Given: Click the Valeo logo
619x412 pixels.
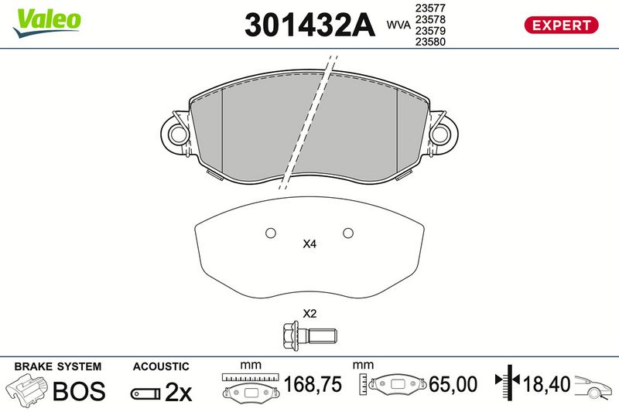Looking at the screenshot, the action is pyautogui.click(x=47, y=23).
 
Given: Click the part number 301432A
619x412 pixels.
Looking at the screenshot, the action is pyautogui.click(x=309, y=26).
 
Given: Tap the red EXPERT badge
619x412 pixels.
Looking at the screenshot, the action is pyautogui.click(x=561, y=26).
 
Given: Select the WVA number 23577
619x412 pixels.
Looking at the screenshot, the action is pyautogui.click(x=430, y=8).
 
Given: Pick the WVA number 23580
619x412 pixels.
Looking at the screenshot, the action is pyautogui.click(x=430, y=42).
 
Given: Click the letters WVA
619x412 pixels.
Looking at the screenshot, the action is pyautogui.click(x=398, y=26).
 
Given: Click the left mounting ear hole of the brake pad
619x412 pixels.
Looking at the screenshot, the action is pyautogui.click(x=177, y=134).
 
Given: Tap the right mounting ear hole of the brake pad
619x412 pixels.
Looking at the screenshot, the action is pyautogui.click(x=441, y=134).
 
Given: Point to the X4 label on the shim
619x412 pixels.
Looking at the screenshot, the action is pyautogui.click(x=309, y=244).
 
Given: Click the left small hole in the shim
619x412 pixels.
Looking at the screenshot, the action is pyautogui.click(x=271, y=233).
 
